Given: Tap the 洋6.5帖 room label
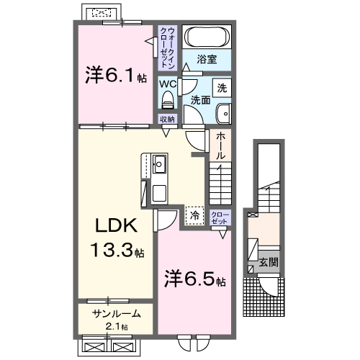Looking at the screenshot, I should point(194,277).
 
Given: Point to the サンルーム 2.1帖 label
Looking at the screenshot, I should point(115,319).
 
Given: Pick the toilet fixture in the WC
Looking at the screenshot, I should point(167,99).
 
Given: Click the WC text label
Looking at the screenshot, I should point(167,83).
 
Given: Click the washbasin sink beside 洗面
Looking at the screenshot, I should point(224,113).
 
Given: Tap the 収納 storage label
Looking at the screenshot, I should point(167,118).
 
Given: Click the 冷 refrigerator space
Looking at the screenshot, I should point(194,214).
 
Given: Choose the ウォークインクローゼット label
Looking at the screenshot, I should point(167,43).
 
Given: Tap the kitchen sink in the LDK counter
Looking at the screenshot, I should point(158,163).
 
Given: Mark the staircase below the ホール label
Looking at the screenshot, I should point(220,184).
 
